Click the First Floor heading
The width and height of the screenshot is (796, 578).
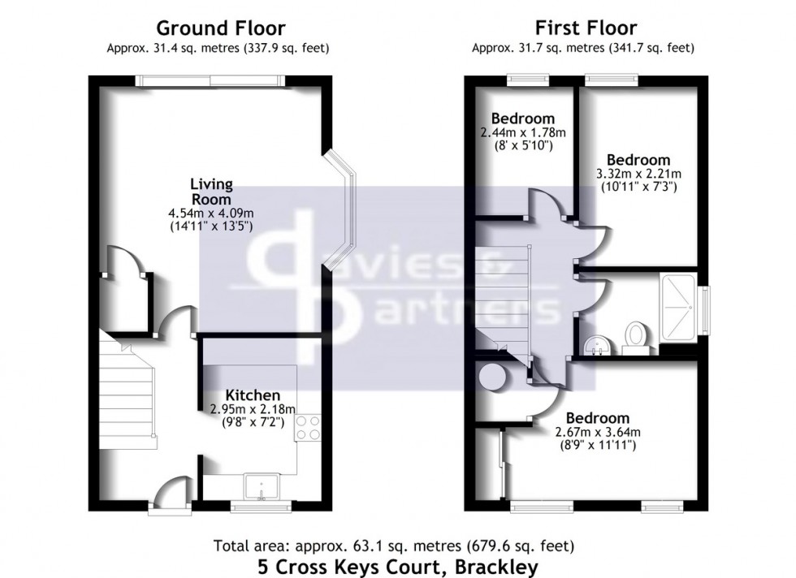coord(582,29)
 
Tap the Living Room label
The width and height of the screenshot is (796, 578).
coord(211,191)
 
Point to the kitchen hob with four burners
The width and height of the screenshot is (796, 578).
coord(309,428)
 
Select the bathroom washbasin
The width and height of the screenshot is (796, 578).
coord(596,343)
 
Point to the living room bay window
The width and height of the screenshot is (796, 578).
coord(342,209)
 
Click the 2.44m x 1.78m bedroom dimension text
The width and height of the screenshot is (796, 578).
coord(523,132)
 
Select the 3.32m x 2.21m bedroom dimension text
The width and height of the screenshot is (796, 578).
coord(638,174)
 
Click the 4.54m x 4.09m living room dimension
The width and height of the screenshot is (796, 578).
coord(210,214)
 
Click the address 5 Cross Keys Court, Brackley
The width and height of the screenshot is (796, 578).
coord(397,565)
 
